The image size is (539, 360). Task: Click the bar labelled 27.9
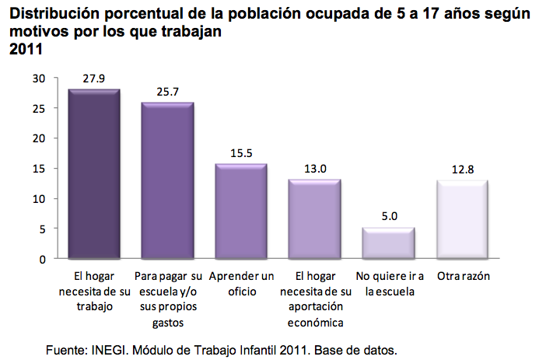[94, 175]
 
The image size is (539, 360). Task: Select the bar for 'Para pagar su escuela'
[167, 181]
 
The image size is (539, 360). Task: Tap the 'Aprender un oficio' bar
[241, 211]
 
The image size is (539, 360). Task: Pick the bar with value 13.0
[314, 219]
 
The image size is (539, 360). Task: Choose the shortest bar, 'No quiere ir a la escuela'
[388, 243]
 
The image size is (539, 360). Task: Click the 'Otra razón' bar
[462, 220]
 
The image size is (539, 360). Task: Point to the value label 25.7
[167, 91]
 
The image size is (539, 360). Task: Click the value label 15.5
[241, 152]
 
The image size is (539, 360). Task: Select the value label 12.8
[462, 169]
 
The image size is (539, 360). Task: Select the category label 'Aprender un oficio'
[241, 285]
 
